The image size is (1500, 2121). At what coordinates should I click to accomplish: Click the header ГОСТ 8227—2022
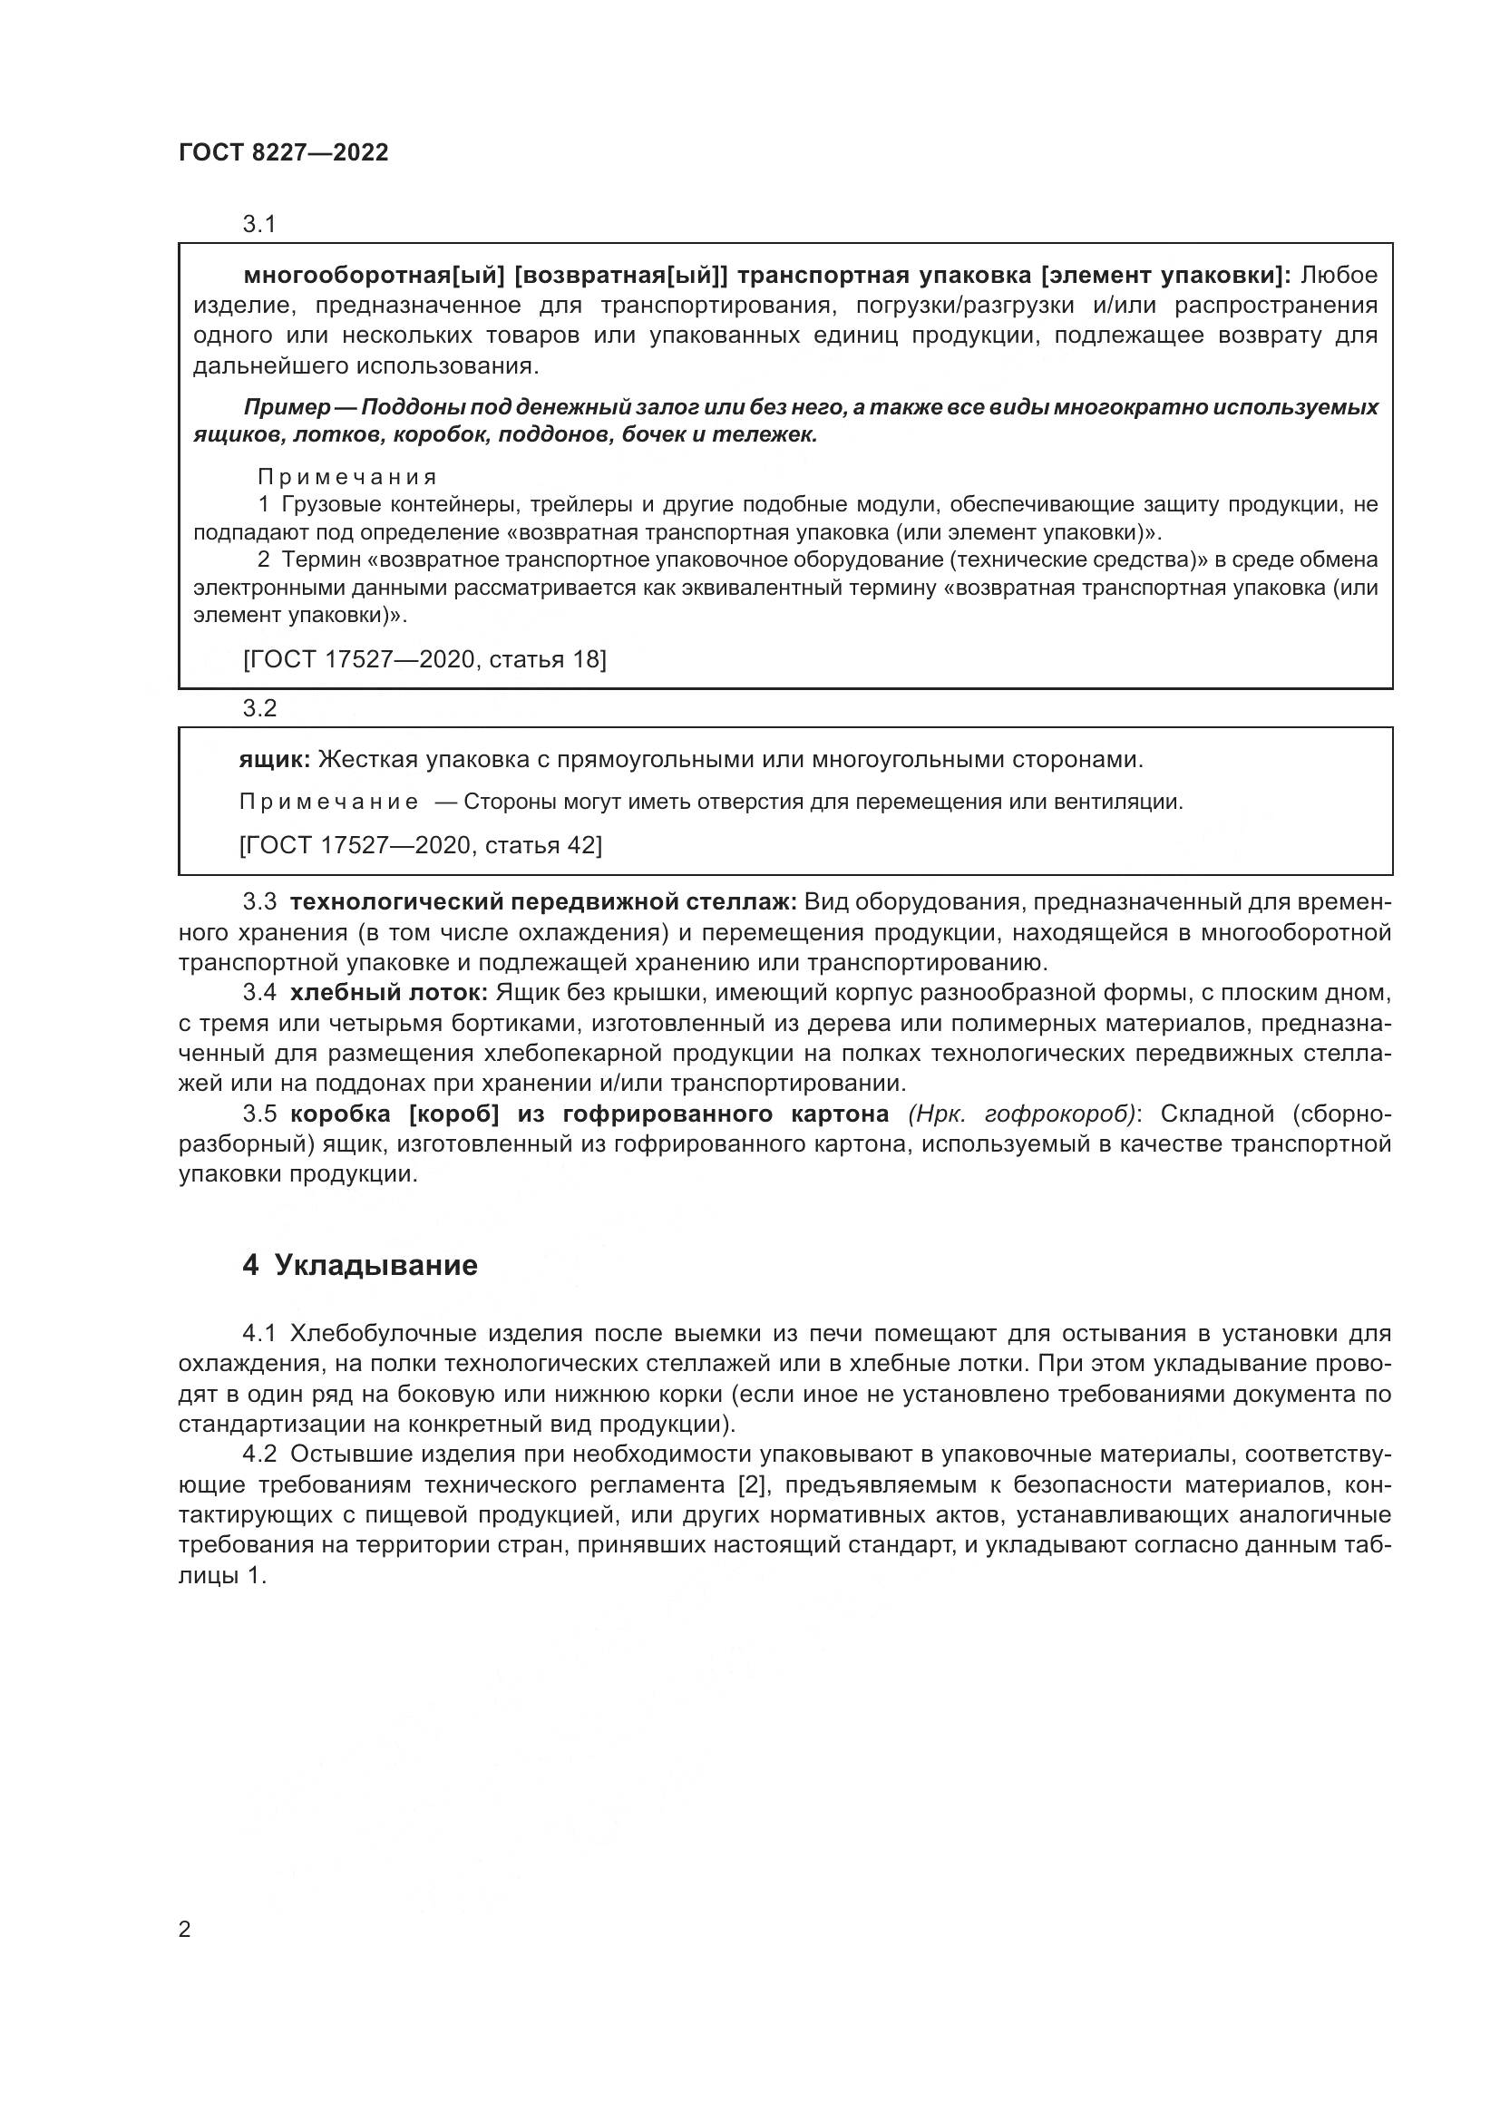284,152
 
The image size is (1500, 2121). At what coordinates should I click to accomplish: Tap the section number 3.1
259,224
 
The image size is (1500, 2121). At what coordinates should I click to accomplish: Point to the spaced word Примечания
346,477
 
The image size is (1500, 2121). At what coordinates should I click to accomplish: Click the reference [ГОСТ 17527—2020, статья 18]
424,658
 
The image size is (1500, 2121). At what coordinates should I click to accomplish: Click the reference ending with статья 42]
420,844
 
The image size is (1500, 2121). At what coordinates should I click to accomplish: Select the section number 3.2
259,708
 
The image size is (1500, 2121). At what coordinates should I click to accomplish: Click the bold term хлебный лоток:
389,993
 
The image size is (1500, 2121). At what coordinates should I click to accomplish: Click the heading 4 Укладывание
360,1265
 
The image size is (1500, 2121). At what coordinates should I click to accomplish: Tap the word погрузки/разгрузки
959,306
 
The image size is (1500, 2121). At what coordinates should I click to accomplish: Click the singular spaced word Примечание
328,802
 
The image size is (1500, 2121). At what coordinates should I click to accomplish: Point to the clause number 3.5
259,1114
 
